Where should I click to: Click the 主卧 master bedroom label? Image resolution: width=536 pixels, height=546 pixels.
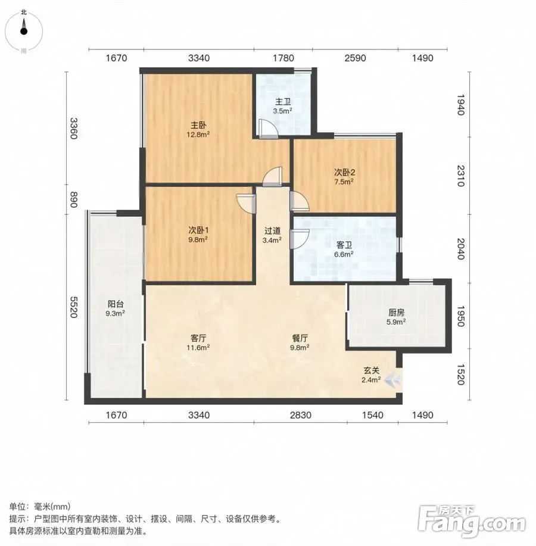[x=198, y=124]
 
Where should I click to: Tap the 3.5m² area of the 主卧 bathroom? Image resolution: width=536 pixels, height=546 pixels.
[x=282, y=111]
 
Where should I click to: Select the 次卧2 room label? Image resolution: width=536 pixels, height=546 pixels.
[x=344, y=172]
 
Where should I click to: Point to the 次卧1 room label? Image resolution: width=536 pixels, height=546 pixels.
[x=198, y=230]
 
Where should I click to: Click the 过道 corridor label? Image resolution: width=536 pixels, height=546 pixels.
[x=272, y=231]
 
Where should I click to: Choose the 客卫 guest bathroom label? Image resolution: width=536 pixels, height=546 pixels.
[x=344, y=245]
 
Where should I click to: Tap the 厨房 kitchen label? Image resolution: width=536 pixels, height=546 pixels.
[x=396, y=313]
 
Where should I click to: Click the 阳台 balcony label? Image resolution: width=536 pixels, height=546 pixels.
[x=116, y=304]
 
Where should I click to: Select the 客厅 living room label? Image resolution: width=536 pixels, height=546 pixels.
[x=198, y=338]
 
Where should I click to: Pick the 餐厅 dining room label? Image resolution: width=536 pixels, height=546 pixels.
[x=300, y=338]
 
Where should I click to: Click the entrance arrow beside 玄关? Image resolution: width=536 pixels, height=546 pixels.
[x=393, y=379]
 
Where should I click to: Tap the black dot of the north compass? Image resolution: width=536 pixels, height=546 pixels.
[x=24, y=32]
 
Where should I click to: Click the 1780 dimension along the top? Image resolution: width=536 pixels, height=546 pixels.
[x=283, y=58]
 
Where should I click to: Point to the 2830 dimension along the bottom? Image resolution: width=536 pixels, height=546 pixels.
[x=301, y=415]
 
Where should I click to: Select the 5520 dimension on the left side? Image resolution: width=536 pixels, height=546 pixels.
[x=73, y=307]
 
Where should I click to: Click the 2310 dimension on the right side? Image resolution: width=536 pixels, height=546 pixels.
[x=460, y=176]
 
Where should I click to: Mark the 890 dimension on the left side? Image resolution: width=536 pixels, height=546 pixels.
[x=73, y=199]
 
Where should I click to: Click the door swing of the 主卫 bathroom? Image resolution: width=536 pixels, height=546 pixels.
[x=268, y=129]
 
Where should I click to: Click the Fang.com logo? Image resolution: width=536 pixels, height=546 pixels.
[x=472, y=521]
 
